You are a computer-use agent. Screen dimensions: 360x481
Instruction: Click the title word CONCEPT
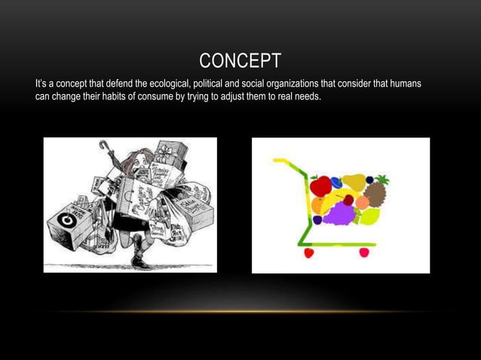240,60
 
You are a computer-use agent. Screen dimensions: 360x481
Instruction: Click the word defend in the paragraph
120,81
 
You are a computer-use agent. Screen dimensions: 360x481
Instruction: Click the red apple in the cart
320,185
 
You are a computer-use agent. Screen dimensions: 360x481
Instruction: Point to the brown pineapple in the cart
375,193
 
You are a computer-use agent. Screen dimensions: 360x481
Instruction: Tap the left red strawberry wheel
308,253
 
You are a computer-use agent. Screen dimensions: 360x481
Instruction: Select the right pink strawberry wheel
364,253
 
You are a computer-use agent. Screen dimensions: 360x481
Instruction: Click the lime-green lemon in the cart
369,217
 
